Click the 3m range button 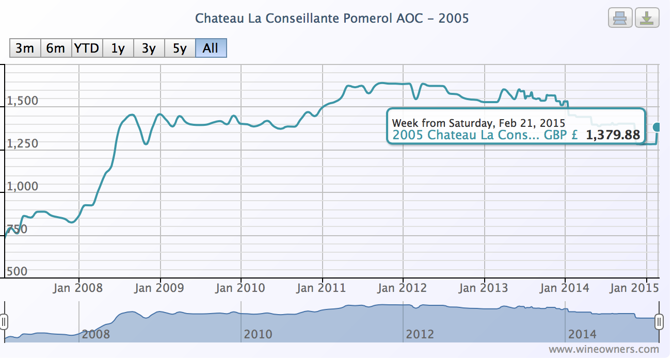point(25,48)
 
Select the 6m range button point(56,48)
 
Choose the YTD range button point(87,48)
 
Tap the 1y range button point(118,48)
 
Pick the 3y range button point(149,48)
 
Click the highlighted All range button point(211,48)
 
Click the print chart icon point(619,19)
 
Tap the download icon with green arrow point(646,19)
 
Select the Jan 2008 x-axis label point(78,288)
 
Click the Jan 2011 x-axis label point(321,288)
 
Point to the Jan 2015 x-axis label point(634,288)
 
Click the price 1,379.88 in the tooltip point(613,136)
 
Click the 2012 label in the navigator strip point(420,334)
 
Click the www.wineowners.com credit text point(603,350)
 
